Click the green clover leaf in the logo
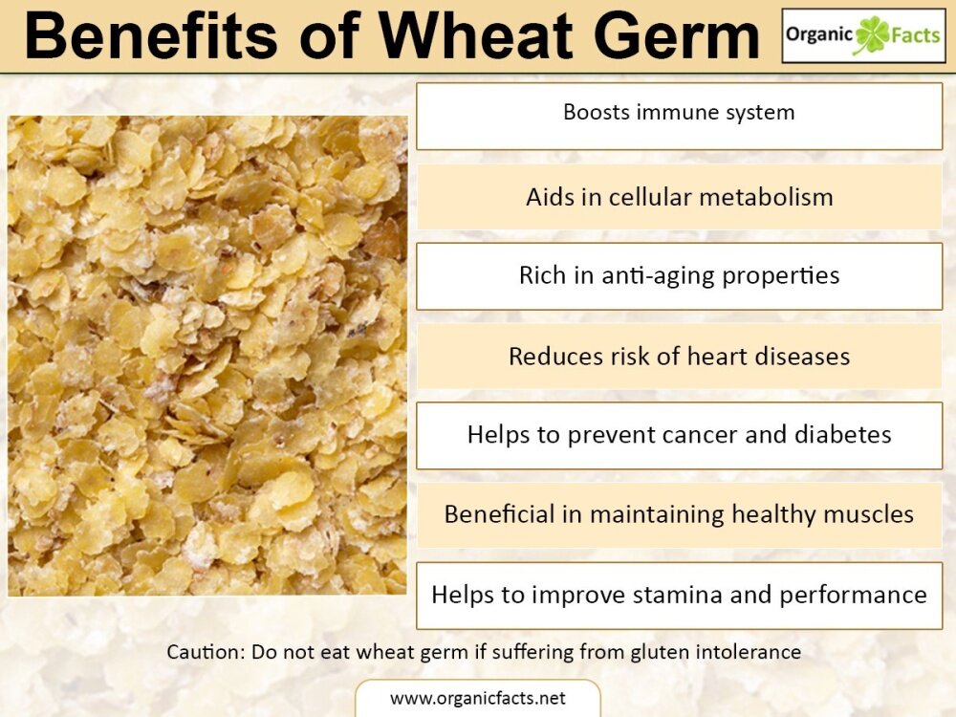[x=872, y=34]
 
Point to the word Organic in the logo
[x=820, y=35]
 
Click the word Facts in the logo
[x=915, y=34]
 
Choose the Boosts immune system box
[x=679, y=117]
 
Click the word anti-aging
[x=658, y=276]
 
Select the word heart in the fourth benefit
[x=717, y=356]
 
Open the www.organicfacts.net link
[x=477, y=698]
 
